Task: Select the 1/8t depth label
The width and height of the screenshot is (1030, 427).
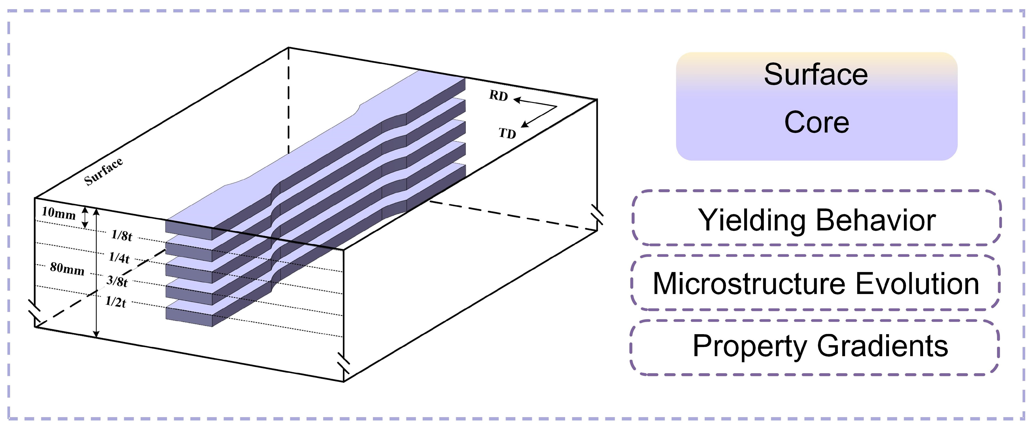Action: (x=122, y=235)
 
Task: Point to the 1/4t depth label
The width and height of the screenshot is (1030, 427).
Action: (x=119, y=257)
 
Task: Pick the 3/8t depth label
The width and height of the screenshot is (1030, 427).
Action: (x=117, y=281)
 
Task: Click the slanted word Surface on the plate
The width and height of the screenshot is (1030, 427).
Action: (x=103, y=171)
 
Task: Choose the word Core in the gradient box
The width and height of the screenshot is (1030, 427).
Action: (x=816, y=122)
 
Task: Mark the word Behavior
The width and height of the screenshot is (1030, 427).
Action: (x=876, y=220)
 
